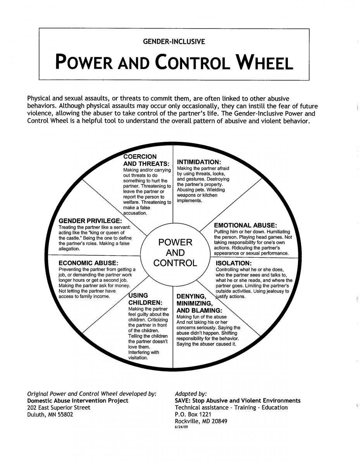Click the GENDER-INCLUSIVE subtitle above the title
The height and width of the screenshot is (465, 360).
click(x=174, y=41)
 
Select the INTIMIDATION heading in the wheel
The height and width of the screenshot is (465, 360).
click(x=199, y=162)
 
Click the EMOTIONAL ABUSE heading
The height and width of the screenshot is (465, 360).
click(x=245, y=225)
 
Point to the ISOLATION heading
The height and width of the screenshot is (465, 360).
click(x=234, y=263)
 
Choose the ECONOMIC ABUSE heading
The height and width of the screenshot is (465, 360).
click(x=88, y=263)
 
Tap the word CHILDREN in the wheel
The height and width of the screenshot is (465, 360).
click(x=145, y=302)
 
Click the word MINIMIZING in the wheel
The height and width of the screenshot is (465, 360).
click(x=195, y=303)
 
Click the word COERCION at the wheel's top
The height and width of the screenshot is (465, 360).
click(x=140, y=157)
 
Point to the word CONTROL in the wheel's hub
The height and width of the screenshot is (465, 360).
click(x=175, y=263)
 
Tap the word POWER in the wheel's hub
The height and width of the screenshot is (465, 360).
click(x=176, y=243)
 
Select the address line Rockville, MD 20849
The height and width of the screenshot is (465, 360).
click(x=201, y=422)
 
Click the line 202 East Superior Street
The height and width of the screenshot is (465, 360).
click(x=59, y=408)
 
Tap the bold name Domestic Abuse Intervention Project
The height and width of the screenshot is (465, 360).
click(x=78, y=401)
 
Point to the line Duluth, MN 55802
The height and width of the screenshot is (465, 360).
click(x=50, y=415)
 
